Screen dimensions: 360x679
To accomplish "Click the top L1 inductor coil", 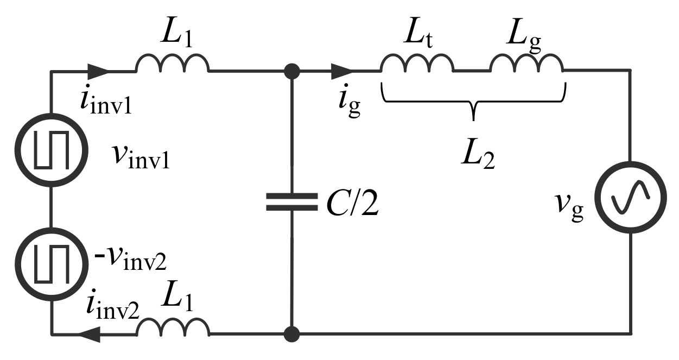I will (x=172, y=64).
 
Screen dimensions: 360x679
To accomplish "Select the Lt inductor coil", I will (x=417, y=64).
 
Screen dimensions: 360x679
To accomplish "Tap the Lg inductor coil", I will (x=526, y=64).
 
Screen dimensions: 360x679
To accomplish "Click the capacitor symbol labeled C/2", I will (x=292, y=201).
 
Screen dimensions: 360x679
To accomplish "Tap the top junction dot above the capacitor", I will (x=292, y=71).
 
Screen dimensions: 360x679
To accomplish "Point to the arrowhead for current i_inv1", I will (x=97, y=71).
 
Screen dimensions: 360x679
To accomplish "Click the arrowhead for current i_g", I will (x=342, y=71).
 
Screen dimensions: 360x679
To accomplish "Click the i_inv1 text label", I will (x=106, y=102).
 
